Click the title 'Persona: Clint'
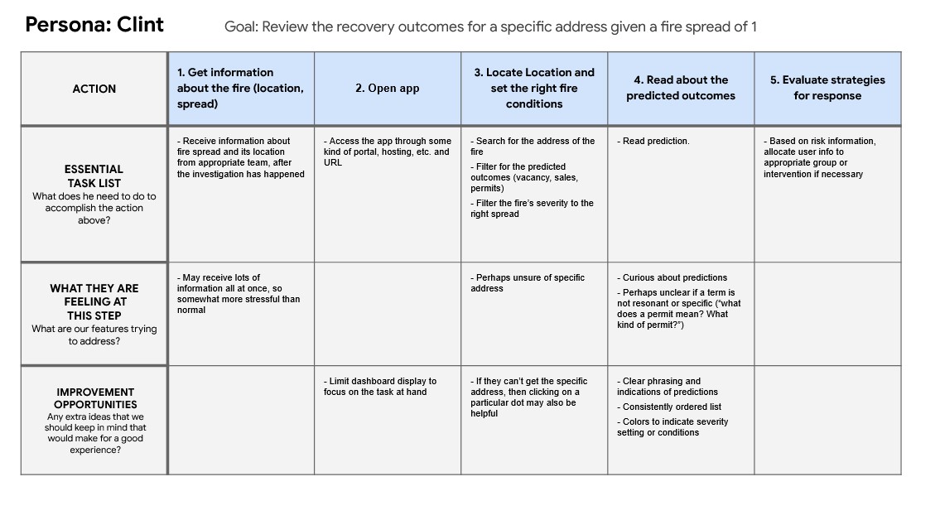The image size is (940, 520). pyautogui.click(x=94, y=25)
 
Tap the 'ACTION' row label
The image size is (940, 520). pyautogui.click(x=94, y=89)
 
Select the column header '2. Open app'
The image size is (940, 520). pyautogui.click(x=388, y=88)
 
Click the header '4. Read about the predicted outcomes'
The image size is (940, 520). pyautogui.click(x=681, y=88)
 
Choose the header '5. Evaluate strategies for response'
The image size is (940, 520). pyautogui.click(x=827, y=88)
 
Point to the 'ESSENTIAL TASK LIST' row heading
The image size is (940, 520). pyautogui.click(x=94, y=176)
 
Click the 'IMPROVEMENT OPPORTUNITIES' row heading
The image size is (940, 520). pyautogui.click(x=95, y=398)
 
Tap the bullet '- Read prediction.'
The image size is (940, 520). pyautogui.click(x=653, y=142)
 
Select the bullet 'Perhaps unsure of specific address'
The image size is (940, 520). pyautogui.click(x=528, y=282)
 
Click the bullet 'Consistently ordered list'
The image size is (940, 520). pyautogui.click(x=669, y=407)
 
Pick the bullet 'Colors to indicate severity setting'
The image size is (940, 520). pyautogui.click(x=672, y=427)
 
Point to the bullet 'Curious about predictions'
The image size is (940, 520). pyautogui.click(x=672, y=278)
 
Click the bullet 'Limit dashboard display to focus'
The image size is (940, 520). pyautogui.click(x=380, y=387)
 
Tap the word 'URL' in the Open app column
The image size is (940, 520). pyautogui.click(x=333, y=163)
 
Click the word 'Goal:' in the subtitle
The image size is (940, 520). pyautogui.click(x=241, y=27)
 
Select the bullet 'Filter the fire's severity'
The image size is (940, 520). pyautogui.click(x=532, y=209)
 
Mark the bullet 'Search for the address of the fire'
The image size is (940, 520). pyautogui.click(x=533, y=147)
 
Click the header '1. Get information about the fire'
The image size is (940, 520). pyautogui.click(x=240, y=88)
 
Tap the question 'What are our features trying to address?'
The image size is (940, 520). pyautogui.click(x=94, y=335)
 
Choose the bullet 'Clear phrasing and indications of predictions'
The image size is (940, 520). pyautogui.click(x=668, y=387)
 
